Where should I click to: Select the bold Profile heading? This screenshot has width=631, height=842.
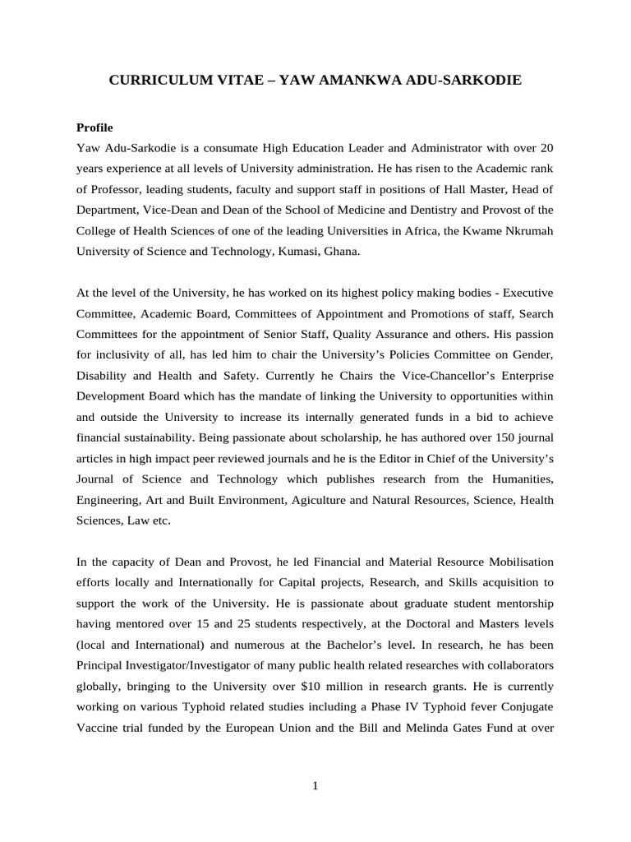pos(94,127)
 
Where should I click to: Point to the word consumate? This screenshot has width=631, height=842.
pos(228,148)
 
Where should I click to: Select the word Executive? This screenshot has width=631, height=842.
pos(527,292)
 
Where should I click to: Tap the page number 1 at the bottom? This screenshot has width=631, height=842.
pos(315,786)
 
